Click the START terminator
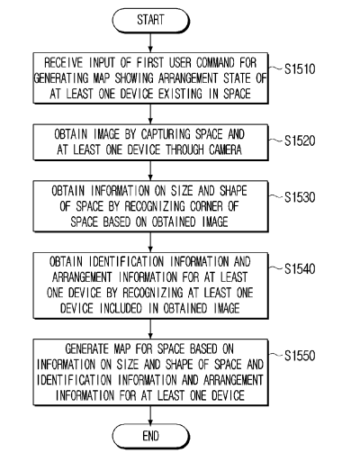pyautogui.click(x=150, y=20)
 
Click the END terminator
pyautogui.click(x=150, y=436)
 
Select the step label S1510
pyautogui.click(x=300, y=69)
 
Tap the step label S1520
pyautogui.click(x=300, y=140)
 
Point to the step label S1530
pyautogui.click(x=300, y=197)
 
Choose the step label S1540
pyautogui.click(x=300, y=268)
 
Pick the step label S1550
pyautogui.click(x=300, y=356)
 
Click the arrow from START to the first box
pyautogui.click(x=150, y=42)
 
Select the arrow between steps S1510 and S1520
pyautogui.click(x=150, y=114)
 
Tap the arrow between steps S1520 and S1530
pyautogui.click(x=150, y=170)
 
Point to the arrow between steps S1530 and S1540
pyautogui.click(x=150, y=242)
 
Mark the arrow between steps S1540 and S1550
pyautogui.click(x=150, y=329)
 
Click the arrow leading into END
pyautogui.click(x=150, y=415)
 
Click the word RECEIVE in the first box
pyautogui.click(x=63, y=63)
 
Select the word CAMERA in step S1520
pyautogui.click(x=225, y=149)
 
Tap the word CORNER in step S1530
pyautogui.click(x=206, y=206)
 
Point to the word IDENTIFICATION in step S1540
pyautogui.click(x=126, y=261)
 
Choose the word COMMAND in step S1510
pyautogui.click(x=215, y=63)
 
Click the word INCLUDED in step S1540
pyautogui.click(x=121, y=308)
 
